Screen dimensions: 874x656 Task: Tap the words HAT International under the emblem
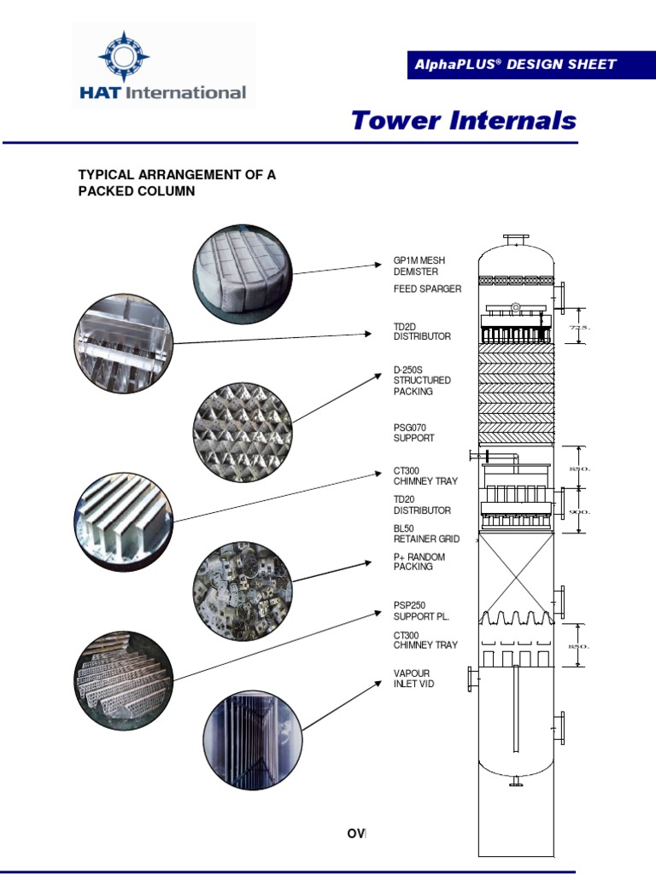[162, 92]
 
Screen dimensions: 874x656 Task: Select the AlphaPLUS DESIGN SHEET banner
[514, 65]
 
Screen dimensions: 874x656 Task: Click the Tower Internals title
[464, 120]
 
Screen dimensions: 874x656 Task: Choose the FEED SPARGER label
[427, 289]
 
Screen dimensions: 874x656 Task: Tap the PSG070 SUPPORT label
[414, 432]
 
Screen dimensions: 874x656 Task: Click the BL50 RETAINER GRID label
[426, 533]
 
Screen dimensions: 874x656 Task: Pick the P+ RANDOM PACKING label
[419, 562]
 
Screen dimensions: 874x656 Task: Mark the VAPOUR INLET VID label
[414, 679]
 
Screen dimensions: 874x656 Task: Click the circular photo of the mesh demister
[243, 273]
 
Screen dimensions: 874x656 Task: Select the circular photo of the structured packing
[243, 431]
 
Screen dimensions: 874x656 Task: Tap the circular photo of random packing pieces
[243, 590]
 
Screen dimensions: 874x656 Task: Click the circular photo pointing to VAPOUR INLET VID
[253, 738]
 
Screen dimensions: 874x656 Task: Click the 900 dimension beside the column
[581, 511]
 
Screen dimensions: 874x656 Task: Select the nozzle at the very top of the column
[516, 241]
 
